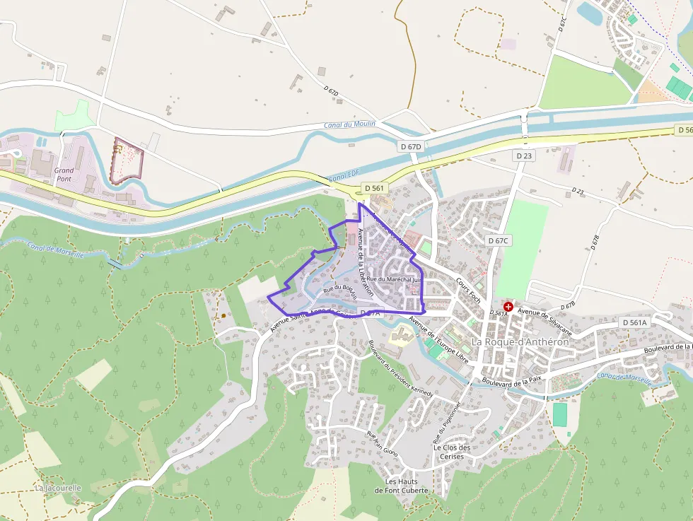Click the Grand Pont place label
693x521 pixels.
[64, 175]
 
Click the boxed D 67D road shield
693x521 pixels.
[410, 146]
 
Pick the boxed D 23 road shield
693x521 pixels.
[524, 156]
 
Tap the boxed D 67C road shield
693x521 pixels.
[499, 240]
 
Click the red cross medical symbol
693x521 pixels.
[508, 307]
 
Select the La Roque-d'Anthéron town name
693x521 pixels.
[520, 341]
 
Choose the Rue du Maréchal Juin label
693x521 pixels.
[393, 279]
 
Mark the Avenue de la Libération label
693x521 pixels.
[365, 262]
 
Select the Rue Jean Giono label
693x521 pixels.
[382, 443]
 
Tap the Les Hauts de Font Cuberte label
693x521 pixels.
[402, 486]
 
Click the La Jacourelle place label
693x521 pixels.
[58, 488]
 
